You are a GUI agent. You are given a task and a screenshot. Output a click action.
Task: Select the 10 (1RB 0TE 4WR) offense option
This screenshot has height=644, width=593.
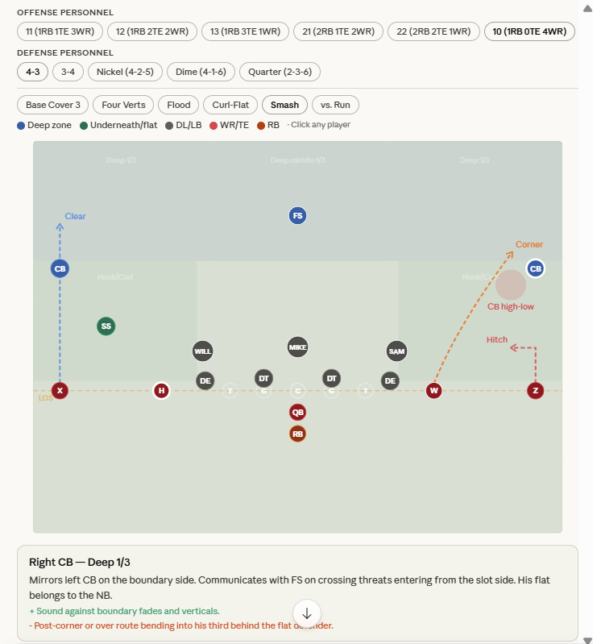click(529, 31)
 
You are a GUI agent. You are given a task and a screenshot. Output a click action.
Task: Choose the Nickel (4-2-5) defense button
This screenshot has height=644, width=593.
click(124, 72)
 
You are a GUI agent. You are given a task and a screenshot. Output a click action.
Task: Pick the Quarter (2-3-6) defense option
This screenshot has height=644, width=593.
click(280, 72)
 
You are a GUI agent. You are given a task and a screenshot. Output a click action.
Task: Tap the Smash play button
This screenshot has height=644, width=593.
click(284, 105)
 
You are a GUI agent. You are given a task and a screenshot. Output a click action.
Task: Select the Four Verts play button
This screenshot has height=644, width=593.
click(122, 105)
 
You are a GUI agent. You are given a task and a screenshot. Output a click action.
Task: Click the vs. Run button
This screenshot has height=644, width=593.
click(335, 105)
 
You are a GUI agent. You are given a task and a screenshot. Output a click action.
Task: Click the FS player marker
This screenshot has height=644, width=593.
click(297, 215)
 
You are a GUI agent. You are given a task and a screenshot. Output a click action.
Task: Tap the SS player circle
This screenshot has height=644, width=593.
click(106, 326)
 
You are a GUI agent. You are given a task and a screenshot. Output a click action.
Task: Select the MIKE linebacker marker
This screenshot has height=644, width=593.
click(297, 347)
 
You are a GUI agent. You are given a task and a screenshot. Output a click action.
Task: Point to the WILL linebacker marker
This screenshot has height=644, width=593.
click(203, 351)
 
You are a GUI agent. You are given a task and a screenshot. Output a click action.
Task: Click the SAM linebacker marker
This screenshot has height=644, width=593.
click(396, 351)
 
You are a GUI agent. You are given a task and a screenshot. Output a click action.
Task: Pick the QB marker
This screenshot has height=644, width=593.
click(297, 412)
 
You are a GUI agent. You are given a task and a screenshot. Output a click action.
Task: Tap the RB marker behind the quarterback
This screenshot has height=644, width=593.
click(297, 434)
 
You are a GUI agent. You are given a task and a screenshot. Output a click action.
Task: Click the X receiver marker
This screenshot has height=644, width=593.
click(60, 391)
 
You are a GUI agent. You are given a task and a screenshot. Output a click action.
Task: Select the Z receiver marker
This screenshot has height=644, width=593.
click(535, 391)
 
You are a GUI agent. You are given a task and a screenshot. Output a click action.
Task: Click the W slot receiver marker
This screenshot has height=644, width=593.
click(434, 391)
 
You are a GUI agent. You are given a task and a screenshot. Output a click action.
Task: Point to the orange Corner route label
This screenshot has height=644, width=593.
click(529, 244)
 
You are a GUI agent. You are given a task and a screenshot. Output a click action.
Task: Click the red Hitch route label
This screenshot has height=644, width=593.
click(497, 339)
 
